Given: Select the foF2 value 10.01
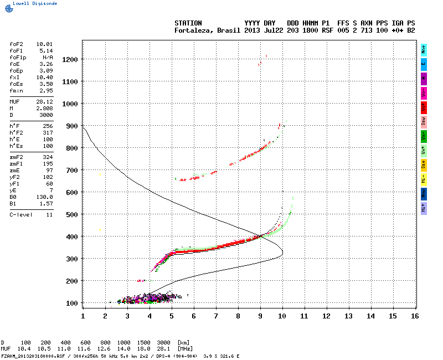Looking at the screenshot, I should pos(44,44).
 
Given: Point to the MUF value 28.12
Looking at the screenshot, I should pos(44,102).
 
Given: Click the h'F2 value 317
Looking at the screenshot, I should pos(48,133).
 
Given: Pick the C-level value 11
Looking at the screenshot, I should pos(49,214).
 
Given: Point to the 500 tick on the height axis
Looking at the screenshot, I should pos(71,214).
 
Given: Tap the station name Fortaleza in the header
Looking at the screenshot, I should pos(191,30).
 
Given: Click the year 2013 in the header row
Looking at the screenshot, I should pos(252,30).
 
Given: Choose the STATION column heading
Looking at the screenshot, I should pos(188,23).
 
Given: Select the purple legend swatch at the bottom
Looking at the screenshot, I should pos(424,208).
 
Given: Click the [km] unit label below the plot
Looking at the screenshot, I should pos(182,343).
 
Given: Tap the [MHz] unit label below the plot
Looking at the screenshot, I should pos(183,348).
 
